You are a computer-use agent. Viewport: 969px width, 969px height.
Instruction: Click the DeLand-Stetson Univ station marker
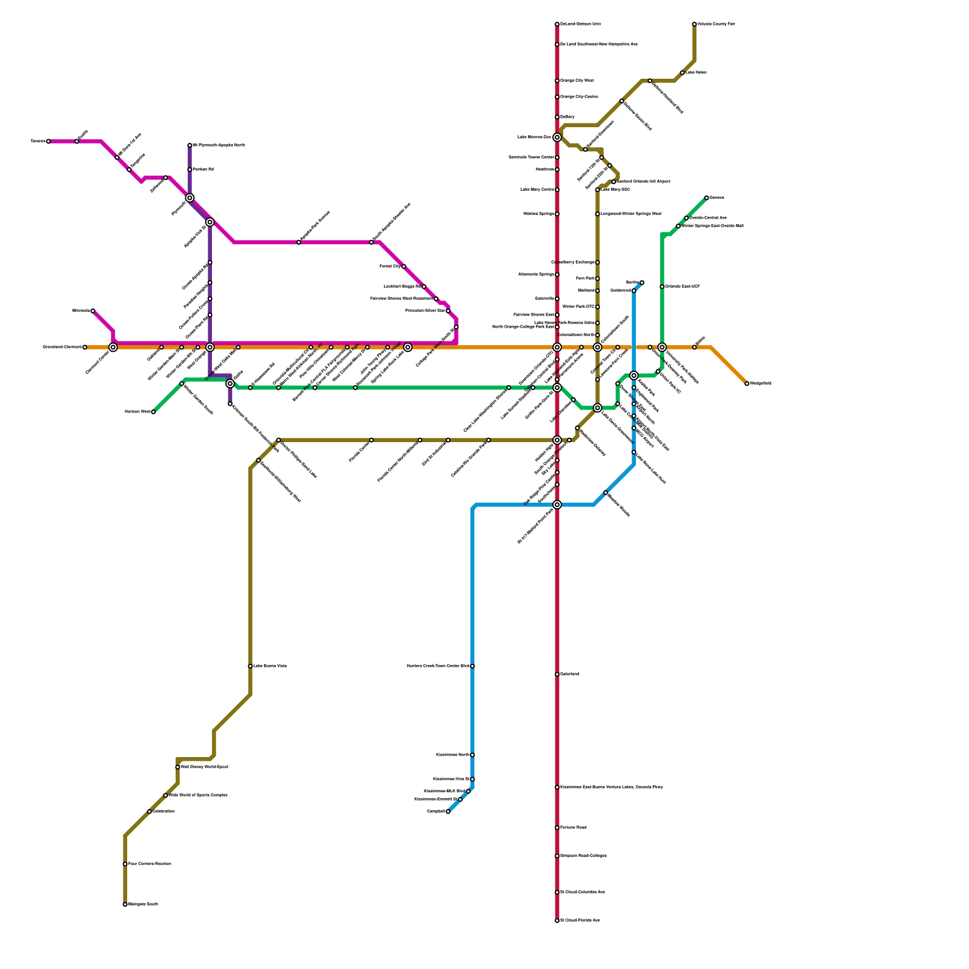click(557, 24)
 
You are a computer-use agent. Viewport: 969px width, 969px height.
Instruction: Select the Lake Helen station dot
click(683, 73)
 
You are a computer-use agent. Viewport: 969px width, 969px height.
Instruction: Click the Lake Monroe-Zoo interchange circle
click(557, 137)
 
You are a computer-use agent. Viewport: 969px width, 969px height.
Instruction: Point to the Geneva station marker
click(707, 198)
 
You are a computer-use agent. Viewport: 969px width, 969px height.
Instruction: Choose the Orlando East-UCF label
click(683, 286)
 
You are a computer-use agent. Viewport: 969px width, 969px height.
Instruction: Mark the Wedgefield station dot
click(747, 383)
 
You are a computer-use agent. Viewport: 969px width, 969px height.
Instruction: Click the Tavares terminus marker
click(48, 141)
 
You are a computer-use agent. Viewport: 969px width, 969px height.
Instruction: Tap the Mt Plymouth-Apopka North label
click(219, 145)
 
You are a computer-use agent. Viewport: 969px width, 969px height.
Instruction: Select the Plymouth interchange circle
click(190, 198)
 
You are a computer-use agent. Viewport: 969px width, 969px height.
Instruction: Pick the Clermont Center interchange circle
click(113, 347)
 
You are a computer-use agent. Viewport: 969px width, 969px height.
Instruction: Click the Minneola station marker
click(93, 311)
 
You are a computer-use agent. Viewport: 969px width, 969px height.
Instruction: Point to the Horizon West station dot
click(153, 412)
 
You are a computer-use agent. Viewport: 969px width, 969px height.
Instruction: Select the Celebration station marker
click(150, 812)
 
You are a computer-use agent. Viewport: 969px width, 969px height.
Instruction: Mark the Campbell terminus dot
click(448, 812)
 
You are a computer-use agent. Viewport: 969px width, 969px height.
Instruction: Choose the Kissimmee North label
click(452, 755)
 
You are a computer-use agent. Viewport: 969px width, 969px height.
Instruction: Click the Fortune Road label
click(573, 828)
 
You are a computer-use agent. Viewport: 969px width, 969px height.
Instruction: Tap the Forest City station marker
click(404, 266)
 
